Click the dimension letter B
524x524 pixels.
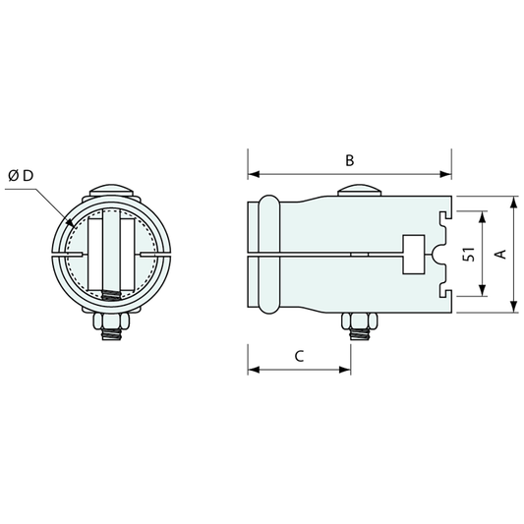coord(350,160)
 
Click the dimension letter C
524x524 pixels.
coord(300,356)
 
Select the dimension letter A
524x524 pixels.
coord(501,254)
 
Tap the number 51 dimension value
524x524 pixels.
coord(469,254)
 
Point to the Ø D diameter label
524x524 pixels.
coord(21,176)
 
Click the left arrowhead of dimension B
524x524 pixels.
coord(254,174)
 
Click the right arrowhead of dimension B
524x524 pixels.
coord(445,174)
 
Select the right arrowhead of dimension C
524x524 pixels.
coord(345,370)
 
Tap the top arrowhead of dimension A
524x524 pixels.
coord(513,203)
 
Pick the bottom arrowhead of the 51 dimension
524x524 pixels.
coord(482,290)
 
